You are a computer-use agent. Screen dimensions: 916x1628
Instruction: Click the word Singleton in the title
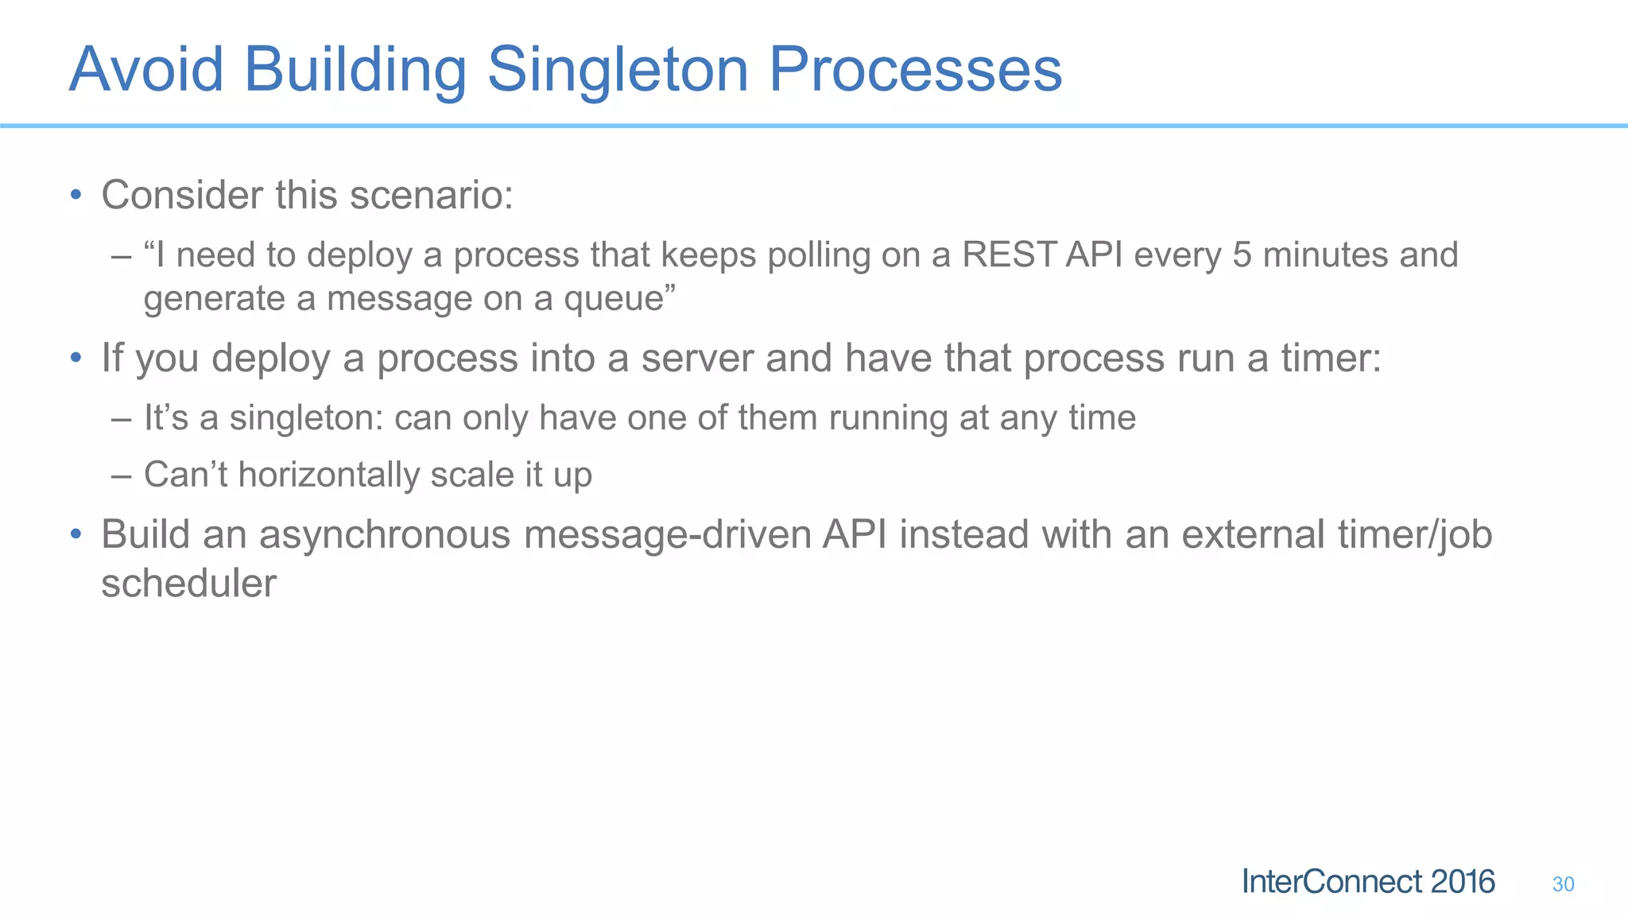tap(617, 70)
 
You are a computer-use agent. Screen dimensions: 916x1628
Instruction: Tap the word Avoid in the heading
tap(146, 70)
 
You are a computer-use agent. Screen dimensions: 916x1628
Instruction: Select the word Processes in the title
tap(915, 70)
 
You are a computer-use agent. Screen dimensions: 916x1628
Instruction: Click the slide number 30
tap(1563, 884)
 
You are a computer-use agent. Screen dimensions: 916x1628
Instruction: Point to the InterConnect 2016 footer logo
tap(1368, 882)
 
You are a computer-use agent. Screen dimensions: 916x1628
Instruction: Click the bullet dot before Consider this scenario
tap(76, 194)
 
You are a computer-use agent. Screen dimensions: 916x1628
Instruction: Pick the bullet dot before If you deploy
tap(76, 357)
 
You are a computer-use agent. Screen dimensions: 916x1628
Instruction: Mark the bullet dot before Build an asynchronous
tap(76, 534)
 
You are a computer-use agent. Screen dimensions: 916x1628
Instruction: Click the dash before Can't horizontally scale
tap(121, 475)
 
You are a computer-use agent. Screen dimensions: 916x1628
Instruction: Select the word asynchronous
tap(385, 534)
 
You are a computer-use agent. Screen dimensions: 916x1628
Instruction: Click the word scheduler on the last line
tap(188, 583)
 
